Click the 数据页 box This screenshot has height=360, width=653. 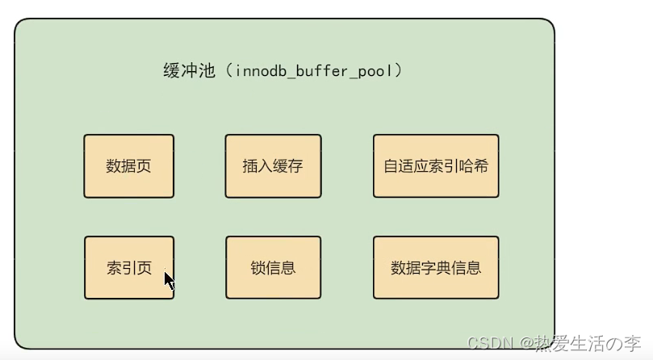click(x=128, y=166)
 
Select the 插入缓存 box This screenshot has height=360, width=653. click(x=273, y=166)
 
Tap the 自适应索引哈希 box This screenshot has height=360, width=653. click(x=436, y=166)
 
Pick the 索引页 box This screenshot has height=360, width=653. click(x=128, y=268)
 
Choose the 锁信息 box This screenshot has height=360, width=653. click(x=273, y=268)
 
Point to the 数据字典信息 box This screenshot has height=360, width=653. click(x=436, y=268)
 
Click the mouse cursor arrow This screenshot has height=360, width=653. click(x=169, y=281)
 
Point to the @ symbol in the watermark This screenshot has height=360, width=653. click(x=523, y=344)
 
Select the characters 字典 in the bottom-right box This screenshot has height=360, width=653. click(x=436, y=268)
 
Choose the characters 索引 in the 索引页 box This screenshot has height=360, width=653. click(x=121, y=268)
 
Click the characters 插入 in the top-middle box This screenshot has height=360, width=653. click(x=257, y=167)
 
